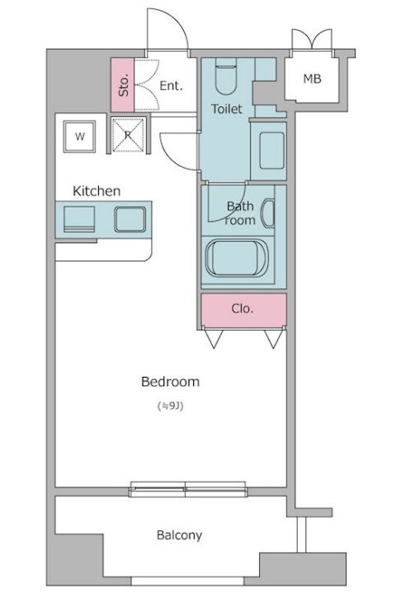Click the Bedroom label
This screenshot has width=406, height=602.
170,382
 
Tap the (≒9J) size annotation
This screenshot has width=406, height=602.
170,406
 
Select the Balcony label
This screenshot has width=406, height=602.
179,535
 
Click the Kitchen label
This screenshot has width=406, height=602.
97,190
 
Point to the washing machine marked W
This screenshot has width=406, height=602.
80,136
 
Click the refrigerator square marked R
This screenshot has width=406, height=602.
128,135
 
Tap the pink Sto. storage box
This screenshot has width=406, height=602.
122,85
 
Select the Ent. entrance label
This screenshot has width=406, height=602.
171,86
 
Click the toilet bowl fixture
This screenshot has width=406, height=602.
225,76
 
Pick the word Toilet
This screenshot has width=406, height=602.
227,109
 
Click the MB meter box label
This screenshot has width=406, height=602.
312,78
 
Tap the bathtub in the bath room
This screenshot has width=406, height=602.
237,257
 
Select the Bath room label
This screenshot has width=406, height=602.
240,213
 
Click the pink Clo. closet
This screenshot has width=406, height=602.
243,309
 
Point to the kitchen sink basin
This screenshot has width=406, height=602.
130,219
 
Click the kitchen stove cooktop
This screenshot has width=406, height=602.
79,219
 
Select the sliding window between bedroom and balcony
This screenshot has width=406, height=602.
188,489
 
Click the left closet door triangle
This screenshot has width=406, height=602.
214,339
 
